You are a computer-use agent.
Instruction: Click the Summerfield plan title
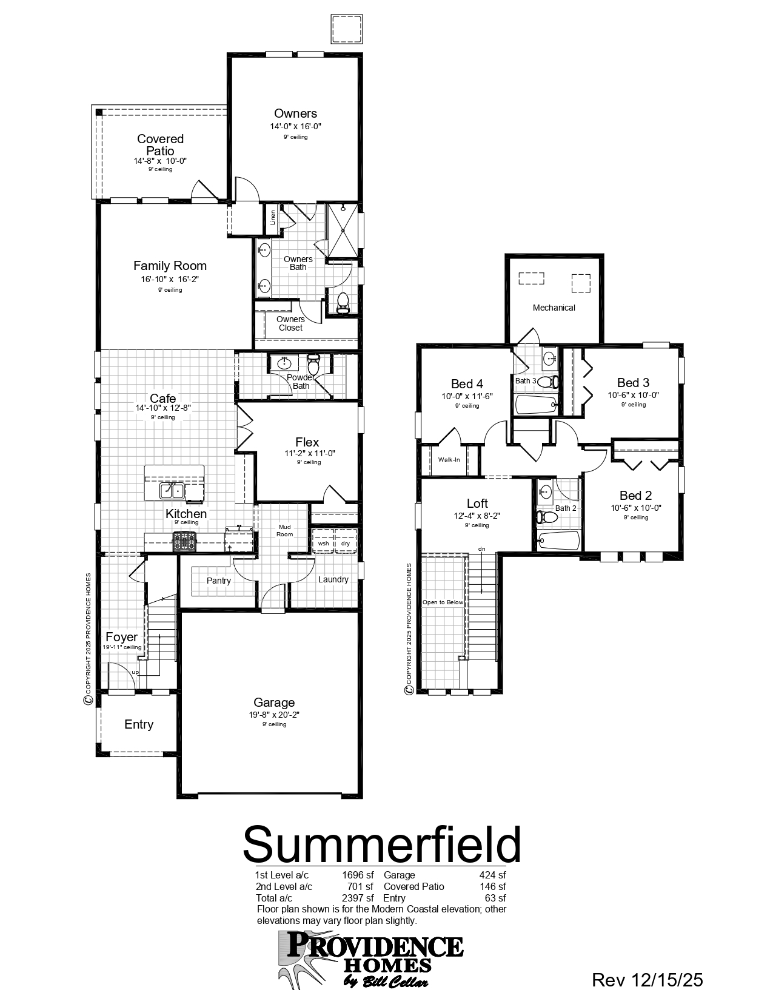[382, 844]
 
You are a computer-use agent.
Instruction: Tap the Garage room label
[274, 703]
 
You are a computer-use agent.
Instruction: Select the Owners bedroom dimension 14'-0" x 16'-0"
[295, 127]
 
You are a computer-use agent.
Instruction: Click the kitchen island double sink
[172, 490]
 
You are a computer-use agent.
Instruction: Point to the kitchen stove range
[185, 541]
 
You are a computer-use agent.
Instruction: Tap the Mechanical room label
[554, 308]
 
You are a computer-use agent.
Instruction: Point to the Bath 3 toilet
[547, 382]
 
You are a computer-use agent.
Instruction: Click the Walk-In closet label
[449, 459]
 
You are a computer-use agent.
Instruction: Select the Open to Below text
[443, 602]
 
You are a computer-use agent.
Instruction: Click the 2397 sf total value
[358, 898]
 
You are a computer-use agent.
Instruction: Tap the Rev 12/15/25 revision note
[647, 979]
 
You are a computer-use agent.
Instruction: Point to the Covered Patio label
[160, 144]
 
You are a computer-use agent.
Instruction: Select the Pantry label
[218, 581]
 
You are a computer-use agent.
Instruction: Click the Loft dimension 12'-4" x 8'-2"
[477, 516]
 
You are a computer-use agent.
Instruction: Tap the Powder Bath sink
[284, 363]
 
